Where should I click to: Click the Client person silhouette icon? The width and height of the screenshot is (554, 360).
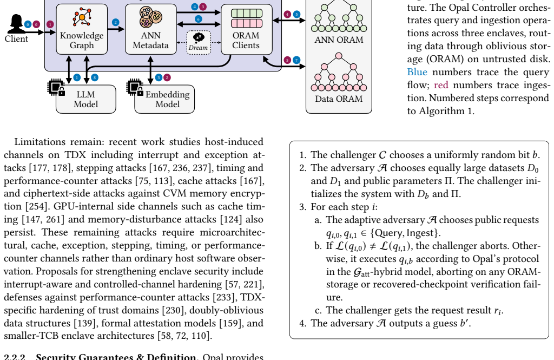click(16, 23)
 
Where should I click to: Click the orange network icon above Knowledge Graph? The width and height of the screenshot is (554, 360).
click(82, 17)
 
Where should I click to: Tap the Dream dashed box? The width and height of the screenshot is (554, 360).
click(199, 42)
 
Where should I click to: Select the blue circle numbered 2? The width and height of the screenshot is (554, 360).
click(115, 22)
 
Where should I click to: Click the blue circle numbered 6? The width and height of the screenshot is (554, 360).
click(199, 19)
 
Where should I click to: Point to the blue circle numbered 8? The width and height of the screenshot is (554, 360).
click(94, 77)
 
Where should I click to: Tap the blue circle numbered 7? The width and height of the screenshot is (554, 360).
click(296, 60)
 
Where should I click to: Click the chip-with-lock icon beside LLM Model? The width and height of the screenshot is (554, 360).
click(56, 87)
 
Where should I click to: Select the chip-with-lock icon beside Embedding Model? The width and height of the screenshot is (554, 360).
click(135, 87)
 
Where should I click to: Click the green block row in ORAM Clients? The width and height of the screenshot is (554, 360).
click(247, 14)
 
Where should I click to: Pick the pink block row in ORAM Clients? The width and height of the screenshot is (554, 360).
click(247, 23)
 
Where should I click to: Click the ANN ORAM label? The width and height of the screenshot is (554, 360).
click(339, 40)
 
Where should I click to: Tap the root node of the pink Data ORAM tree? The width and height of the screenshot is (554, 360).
click(339, 56)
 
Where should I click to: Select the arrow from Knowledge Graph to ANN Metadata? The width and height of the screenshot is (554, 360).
click(116, 29)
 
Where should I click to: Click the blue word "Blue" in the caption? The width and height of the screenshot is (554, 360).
click(417, 72)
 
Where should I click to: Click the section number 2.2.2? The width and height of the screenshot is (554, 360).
click(15, 356)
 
